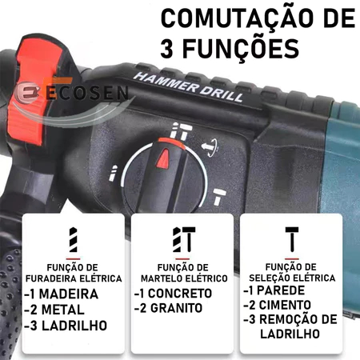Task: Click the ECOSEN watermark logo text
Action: point(87,93)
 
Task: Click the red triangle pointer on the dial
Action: point(162,158)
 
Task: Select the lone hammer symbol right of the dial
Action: point(219,196)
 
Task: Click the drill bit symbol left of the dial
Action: point(113,173)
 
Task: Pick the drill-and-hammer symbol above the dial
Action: point(181,130)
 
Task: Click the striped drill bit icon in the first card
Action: point(73,240)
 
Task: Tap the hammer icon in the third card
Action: point(292,239)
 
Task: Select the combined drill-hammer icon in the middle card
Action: point(184,239)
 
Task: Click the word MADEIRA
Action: point(69,294)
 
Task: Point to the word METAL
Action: point(63,310)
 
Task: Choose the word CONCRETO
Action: point(180,294)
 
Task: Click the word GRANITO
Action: point(177,308)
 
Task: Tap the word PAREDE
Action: point(281,290)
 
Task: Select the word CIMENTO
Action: point(285,305)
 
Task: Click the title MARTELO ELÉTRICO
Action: point(184,278)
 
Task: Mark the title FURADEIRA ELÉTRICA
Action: point(74,278)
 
